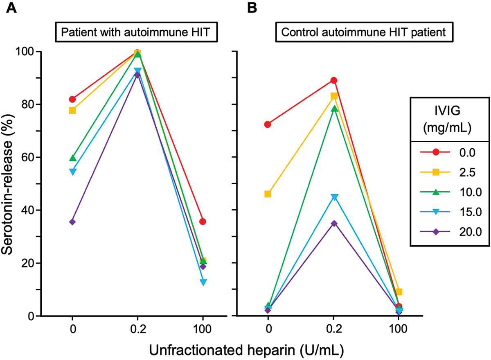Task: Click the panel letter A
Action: pos(11,8)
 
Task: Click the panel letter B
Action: pos(251,8)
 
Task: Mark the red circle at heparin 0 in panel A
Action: pos(72,99)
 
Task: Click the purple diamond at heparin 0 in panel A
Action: pos(72,222)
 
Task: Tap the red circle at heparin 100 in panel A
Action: pos(203,222)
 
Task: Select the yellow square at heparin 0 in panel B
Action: pos(268,194)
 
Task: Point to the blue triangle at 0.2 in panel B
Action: pos(334,197)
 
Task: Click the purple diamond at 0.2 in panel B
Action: pos(334,224)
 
